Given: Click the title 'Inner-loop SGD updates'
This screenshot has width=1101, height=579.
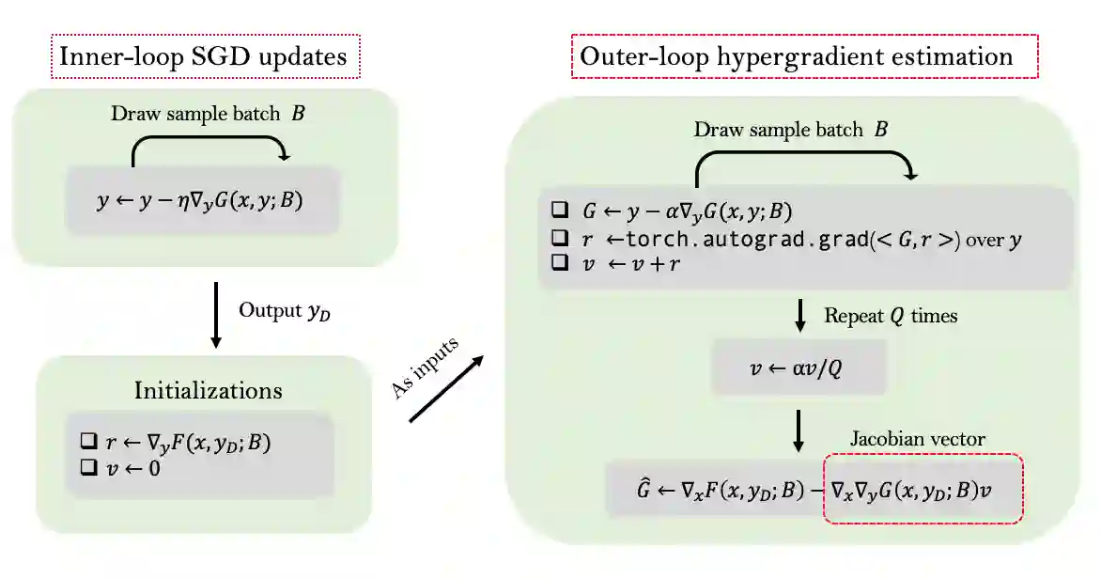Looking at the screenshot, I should coord(202,56).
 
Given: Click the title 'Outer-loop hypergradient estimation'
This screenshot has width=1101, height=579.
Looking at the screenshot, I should coord(797,56).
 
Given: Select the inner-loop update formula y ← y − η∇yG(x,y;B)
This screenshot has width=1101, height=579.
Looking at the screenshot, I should coord(202,201).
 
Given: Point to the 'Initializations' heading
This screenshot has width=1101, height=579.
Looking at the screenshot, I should coord(208,389).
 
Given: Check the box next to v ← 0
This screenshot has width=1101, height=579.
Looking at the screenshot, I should coord(89,466).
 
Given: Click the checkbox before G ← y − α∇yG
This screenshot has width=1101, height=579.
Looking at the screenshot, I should coord(561,210).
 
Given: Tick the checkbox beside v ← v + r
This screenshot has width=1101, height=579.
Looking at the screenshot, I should coord(561,264).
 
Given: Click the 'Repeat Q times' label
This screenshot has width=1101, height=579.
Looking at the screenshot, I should coord(891,316).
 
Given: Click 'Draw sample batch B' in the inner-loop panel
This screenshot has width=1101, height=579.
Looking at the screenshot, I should coord(209,115).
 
